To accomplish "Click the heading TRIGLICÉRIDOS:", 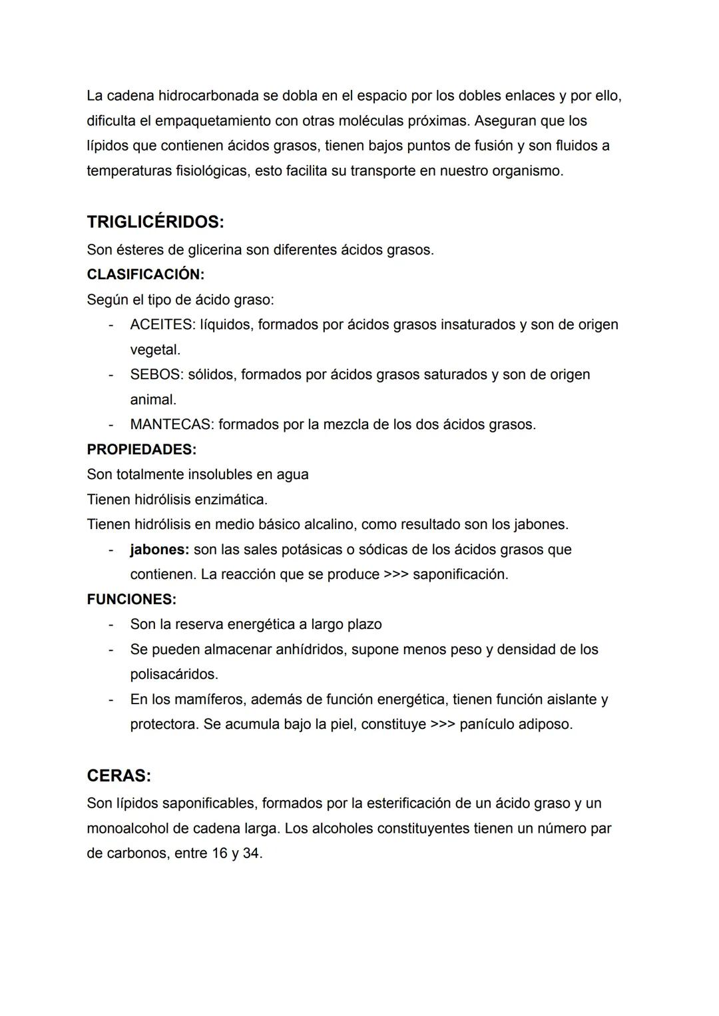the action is click(x=155, y=222).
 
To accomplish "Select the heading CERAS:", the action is click(x=119, y=776).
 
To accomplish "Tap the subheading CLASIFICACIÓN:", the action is click(x=145, y=274).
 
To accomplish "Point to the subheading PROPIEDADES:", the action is click(x=141, y=450).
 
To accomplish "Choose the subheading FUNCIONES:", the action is click(x=131, y=600).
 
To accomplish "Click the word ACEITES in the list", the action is click(x=160, y=325).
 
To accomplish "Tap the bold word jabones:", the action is click(x=160, y=550).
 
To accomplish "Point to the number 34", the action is click(x=252, y=853).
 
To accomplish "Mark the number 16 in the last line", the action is click(x=220, y=853).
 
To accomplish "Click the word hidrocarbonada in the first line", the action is click(x=208, y=96).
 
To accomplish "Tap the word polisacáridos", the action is click(x=174, y=675).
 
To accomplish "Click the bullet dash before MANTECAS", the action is click(x=111, y=425).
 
